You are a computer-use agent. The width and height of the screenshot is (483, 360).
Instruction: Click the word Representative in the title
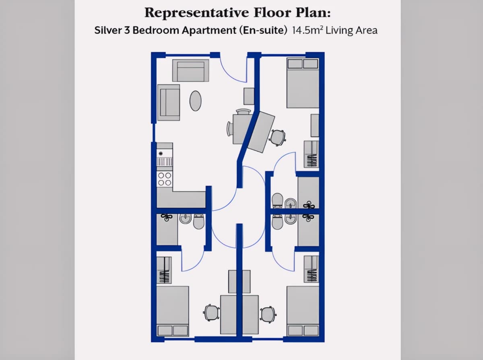coord(196,13)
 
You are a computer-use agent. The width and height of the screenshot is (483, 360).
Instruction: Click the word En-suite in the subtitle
coord(263,30)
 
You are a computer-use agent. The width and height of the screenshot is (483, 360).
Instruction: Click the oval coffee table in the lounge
coord(195,101)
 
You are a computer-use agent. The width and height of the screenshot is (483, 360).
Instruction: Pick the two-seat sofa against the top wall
coord(190,70)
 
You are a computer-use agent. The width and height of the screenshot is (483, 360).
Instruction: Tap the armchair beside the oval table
coord(169,103)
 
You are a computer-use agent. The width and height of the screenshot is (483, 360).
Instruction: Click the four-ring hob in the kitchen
coord(165,179)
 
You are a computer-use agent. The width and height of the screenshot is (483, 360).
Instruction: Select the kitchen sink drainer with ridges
coord(165,162)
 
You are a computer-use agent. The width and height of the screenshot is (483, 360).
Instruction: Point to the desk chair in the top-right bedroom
coord(278,138)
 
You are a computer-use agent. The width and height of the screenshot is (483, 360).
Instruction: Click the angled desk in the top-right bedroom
coord(261,132)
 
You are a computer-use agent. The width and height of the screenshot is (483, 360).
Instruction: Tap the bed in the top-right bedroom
coord(303,83)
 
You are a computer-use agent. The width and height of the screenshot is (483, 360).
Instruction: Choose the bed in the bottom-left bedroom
coord(173,311)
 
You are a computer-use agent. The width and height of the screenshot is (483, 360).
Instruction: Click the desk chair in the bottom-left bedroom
coord(211,313)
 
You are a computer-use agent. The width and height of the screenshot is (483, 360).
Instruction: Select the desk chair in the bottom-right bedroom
coord(268,315)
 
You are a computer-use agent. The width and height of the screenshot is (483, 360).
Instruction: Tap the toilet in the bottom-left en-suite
coord(199,222)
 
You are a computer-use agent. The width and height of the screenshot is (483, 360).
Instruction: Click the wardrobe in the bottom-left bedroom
coord(164,270)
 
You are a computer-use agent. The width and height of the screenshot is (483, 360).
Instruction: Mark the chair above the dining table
coord(243,112)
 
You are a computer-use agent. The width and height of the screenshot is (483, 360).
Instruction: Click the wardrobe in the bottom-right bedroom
coord(312,269)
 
